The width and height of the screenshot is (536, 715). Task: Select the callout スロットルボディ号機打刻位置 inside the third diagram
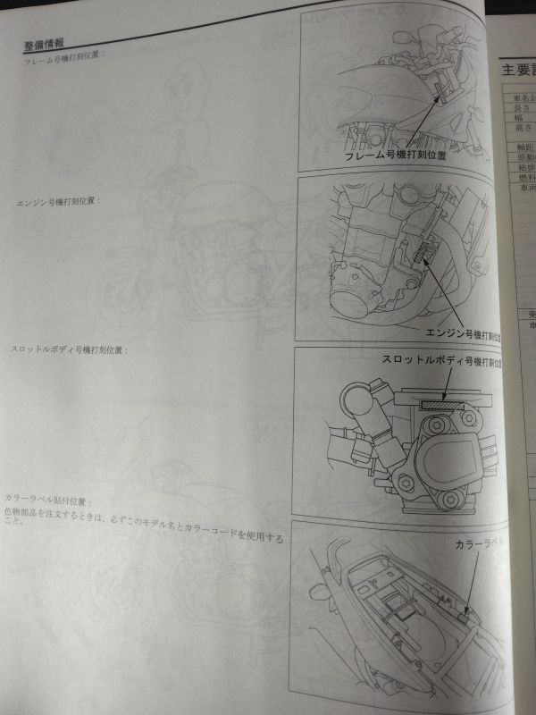pos(439,360)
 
